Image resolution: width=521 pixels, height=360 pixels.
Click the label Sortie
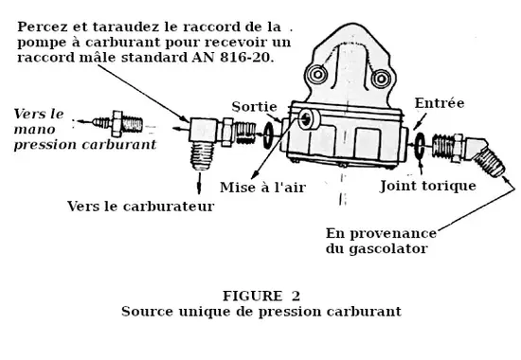pyautogui.click(x=254, y=107)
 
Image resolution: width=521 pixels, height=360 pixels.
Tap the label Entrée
pyautogui.click(x=440, y=103)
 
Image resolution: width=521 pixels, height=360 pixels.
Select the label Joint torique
pyautogui.click(x=428, y=186)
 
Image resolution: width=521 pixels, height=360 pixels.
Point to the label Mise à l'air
pyautogui.click(x=262, y=188)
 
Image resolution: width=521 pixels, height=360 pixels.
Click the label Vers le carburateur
pyautogui.click(x=140, y=207)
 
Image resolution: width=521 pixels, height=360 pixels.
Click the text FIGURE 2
pyautogui.click(x=261, y=296)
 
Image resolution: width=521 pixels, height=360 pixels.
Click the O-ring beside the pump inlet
pyautogui.click(x=420, y=145)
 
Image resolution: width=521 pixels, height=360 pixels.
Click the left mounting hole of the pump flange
pyautogui.click(x=317, y=74)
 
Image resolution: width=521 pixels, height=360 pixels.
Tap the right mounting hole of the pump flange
pyautogui.click(x=381, y=79)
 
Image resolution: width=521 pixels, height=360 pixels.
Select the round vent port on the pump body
pyautogui.click(x=308, y=119)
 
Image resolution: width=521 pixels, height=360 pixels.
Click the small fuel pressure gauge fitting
pyautogui.click(x=117, y=124)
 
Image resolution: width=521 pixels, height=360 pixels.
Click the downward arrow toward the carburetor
pyautogui.click(x=199, y=183)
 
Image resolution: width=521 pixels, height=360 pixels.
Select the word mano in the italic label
pyautogui.click(x=34, y=129)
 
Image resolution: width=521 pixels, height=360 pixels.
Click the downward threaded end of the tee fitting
pyautogui.click(x=202, y=155)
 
